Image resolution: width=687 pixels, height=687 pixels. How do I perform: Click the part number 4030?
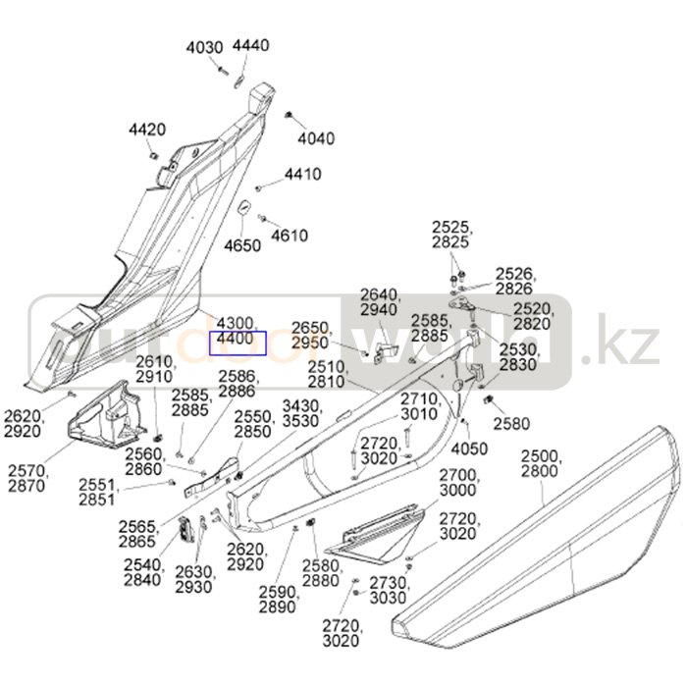(204, 47)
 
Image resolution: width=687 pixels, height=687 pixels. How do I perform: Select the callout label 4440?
(250, 45)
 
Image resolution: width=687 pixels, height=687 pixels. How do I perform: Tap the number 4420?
(147, 130)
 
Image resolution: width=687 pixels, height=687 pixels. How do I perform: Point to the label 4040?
(315, 138)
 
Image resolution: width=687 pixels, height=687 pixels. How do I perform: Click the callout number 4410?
(302, 175)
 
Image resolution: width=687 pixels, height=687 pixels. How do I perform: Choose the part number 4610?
(289, 236)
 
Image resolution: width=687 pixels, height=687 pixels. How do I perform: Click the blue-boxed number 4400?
(236, 340)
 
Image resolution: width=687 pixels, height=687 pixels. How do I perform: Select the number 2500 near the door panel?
(538, 456)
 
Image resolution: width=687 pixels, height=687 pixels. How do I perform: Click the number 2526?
(513, 272)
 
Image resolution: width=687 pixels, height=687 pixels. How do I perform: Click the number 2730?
(388, 583)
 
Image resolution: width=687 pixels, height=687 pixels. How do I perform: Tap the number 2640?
(380, 294)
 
